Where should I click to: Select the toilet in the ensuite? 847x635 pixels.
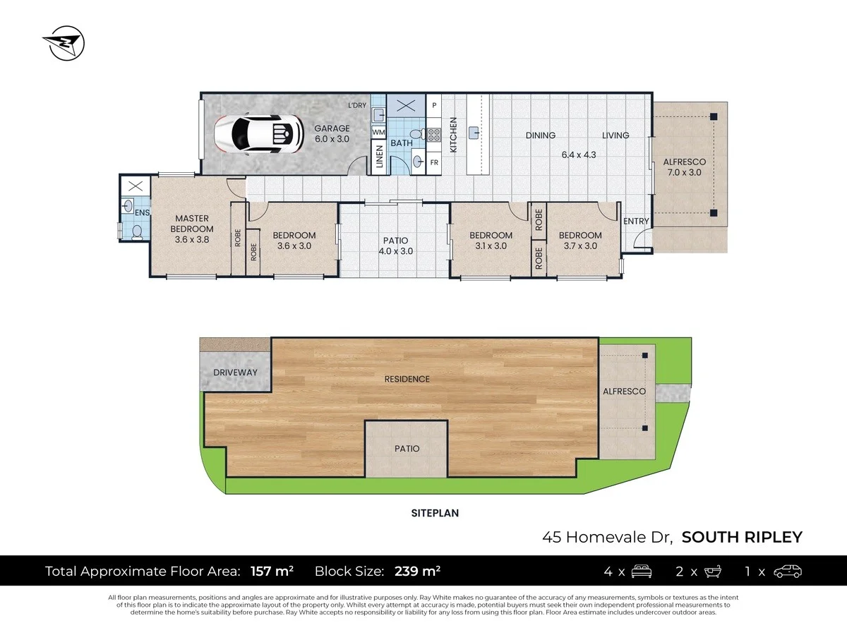point(137,231)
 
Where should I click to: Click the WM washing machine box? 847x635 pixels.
point(378,132)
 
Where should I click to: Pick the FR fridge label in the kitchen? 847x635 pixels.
point(434,162)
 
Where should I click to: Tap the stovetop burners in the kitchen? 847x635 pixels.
point(434,134)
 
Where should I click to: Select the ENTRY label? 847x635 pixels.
point(636,222)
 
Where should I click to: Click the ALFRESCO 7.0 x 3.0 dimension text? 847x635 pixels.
point(684,172)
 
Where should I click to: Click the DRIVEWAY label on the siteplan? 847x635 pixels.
point(235,373)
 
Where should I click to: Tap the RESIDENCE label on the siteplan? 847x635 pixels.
point(407,379)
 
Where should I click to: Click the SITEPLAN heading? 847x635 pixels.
point(435,513)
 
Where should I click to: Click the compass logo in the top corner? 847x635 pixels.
point(63,44)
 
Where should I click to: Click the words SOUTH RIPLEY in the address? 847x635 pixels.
point(743,537)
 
